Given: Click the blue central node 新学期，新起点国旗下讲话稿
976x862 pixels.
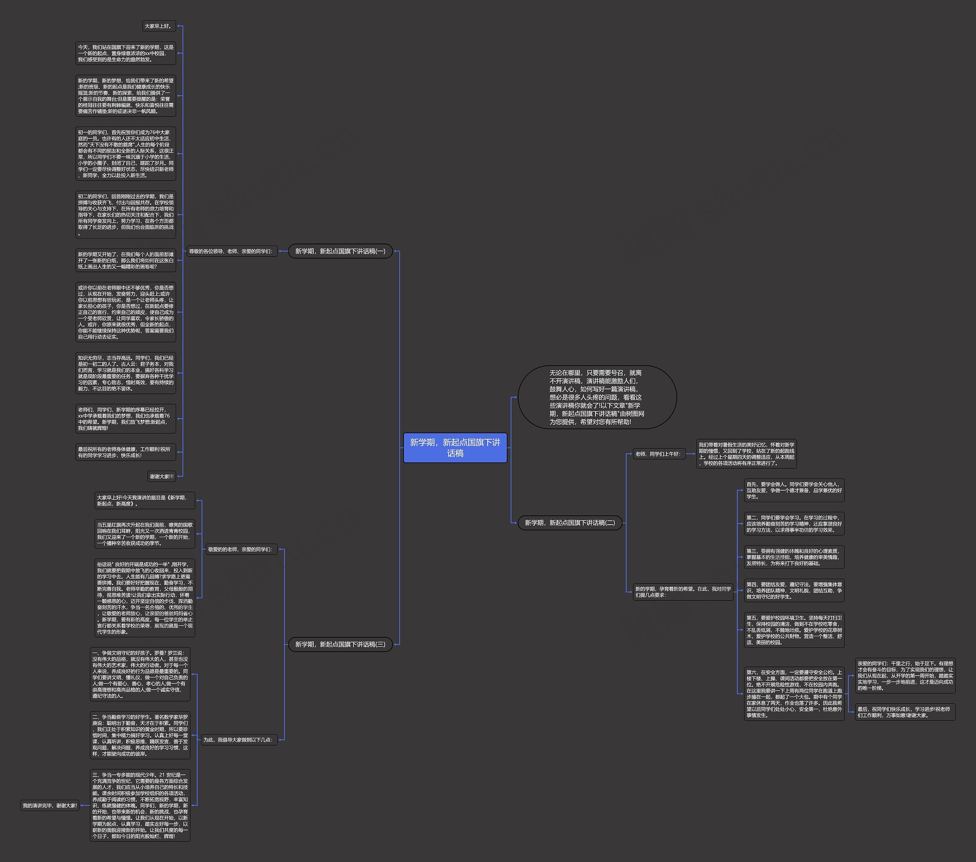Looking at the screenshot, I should pos(455,448).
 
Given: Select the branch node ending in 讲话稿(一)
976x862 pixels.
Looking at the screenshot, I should pos(340,251).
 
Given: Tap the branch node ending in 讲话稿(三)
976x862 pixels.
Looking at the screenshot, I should pos(340,644).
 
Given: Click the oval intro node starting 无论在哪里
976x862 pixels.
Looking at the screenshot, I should pos(597,397).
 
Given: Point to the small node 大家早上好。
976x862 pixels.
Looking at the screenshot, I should pos(159,26).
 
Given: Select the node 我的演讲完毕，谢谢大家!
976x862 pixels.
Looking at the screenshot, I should pos(50,806).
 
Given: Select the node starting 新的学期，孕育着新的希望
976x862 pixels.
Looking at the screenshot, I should pos(683,592).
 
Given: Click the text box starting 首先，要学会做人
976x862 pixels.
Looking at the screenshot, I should pos(794,490).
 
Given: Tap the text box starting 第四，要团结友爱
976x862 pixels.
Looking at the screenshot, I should pos(794,590).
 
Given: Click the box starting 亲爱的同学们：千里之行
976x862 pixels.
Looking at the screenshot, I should pos(905,676).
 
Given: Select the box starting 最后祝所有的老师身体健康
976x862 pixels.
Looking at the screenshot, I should pos(125,452).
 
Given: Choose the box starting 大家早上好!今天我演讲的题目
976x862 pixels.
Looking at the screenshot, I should pos(144,501).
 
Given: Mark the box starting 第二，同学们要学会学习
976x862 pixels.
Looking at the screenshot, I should pos(794,523).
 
